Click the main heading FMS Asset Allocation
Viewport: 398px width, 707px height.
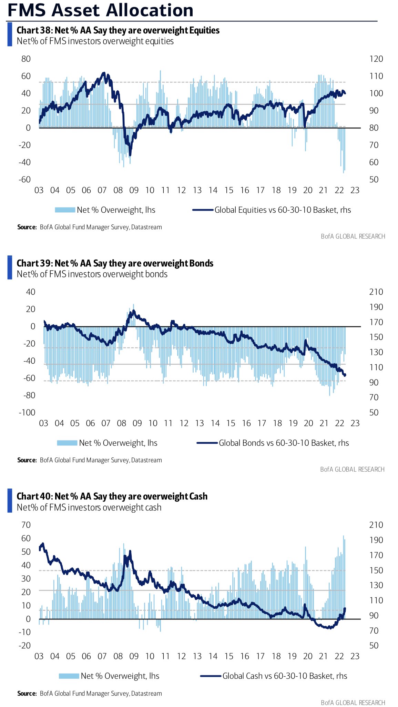(x=100, y=10)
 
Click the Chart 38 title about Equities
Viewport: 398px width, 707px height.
(x=118, y=30)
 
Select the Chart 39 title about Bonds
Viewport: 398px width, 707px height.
(x=115, y=263)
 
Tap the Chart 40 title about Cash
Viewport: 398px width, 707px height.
(x=112, y=496)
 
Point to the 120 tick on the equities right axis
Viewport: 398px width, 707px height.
(x=376, y=59)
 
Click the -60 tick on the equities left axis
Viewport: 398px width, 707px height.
(x=25, y=180)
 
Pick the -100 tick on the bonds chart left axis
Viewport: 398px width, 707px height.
(x=27, y=413)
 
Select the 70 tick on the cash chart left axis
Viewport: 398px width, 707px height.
(x=26, y=525)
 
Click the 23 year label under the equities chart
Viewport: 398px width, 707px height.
(x=355, y=190)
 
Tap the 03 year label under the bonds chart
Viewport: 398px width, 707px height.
(x=44, y=423)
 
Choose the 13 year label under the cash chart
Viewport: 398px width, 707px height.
(x=197, y=656)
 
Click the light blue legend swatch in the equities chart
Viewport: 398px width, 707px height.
(x=65, y=210)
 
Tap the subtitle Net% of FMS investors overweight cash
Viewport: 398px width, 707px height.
(x=89, y=507)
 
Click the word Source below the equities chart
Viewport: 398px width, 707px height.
(x=27, y=227)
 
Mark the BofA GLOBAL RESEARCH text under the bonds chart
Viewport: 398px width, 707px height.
(x=353, y=469)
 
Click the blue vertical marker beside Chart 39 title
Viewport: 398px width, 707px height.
(x=10, y=267)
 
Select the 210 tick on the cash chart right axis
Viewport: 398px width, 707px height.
(x=376, y=525)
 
